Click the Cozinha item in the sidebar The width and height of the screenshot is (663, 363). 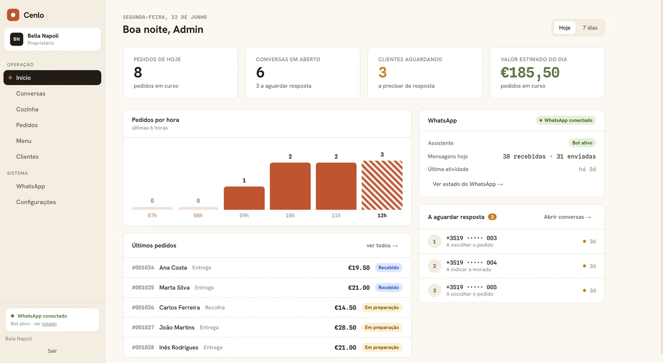[27, 109]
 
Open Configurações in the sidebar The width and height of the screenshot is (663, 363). [36, 202]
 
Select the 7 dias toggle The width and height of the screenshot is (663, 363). [590, 27]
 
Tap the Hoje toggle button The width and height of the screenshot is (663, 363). [564, 27]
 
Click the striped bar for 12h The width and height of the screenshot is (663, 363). [382, 185]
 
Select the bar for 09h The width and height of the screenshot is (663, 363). [244, 198]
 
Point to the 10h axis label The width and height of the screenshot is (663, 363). [290, 215]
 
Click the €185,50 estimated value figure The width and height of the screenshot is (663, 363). [530, 73]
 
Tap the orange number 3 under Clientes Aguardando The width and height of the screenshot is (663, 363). [382, 72]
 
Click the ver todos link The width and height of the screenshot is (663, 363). [382, 245]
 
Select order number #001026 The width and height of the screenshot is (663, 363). [143, 307]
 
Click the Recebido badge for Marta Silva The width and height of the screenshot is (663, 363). [388, 288]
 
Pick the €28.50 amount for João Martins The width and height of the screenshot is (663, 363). [345, 327]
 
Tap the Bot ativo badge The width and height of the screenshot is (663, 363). [582, 143]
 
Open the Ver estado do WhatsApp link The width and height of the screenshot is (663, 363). [468, 184]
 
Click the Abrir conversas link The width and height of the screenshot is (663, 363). [567, 217]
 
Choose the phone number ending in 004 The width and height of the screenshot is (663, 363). [472, 263]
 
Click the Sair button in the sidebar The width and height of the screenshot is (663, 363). [52, 351]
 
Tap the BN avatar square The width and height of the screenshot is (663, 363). [17, 39]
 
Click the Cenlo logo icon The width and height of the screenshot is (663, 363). [13, 15]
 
